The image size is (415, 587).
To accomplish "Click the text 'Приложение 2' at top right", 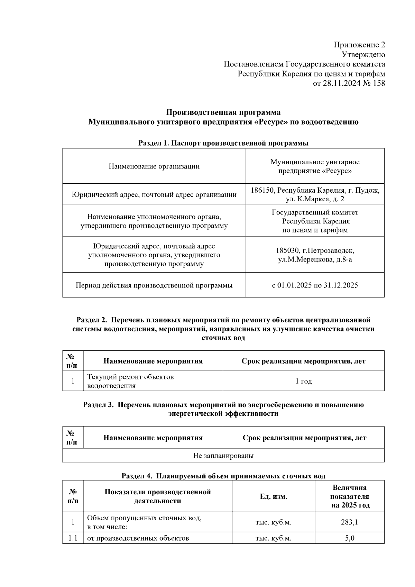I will coord(359,45).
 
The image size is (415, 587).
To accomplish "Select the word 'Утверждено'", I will coord(363,55).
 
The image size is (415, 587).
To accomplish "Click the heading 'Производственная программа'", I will coord(223,112).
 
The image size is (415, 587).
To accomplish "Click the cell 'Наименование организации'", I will coord(154,166).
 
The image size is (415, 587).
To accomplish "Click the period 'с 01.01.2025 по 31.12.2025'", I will coord(315,285).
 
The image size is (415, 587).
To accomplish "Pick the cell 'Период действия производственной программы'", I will coord(154,285).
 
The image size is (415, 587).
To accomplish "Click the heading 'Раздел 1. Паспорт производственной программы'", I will coord(223,143).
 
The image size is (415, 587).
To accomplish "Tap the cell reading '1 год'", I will coord(303,381).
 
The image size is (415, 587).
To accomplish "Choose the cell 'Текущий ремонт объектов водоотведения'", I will coord(130,381).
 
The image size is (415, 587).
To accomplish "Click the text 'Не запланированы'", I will coord(223,456).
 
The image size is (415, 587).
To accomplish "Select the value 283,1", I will coord(349,522).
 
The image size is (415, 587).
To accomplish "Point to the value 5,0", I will coord(349,538).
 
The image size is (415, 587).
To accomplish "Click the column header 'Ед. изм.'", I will coord(273,497).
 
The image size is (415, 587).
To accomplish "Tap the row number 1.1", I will coord(73,538).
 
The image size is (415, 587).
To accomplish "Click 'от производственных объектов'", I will coord(138,538).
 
